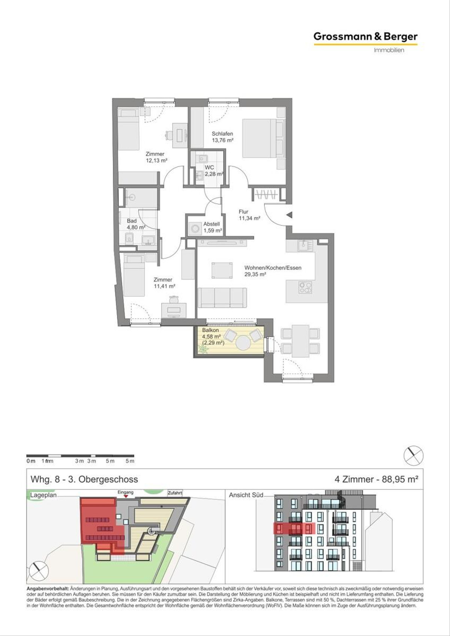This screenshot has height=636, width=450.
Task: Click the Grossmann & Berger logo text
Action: (x=365, y=37)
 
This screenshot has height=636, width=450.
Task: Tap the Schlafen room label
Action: (x=222, y=134)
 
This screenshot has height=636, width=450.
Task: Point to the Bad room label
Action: (x=132, y=221)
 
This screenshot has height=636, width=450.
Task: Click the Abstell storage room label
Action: (x=211, y=224)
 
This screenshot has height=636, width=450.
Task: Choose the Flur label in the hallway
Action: (x=243, y=212)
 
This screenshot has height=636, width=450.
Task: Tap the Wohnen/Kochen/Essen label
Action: (x=273, y=268)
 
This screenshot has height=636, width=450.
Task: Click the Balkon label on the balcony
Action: (x=210, y=330)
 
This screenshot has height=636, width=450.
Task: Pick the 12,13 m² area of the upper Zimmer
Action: (x=156, y=160)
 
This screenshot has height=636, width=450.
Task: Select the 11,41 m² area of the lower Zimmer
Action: (x=165, y=286)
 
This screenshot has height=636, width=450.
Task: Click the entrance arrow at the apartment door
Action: (x=289, y=215)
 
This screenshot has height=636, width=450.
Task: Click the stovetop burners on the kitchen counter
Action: (x=305, y=287)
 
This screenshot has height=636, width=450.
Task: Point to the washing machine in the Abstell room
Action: (x=195, y=228)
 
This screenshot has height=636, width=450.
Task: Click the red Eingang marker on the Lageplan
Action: (x=126, y=496)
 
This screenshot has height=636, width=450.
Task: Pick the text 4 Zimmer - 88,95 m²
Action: (x=376, y=479)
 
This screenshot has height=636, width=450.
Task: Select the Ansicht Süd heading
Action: (x=246, y=495)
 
